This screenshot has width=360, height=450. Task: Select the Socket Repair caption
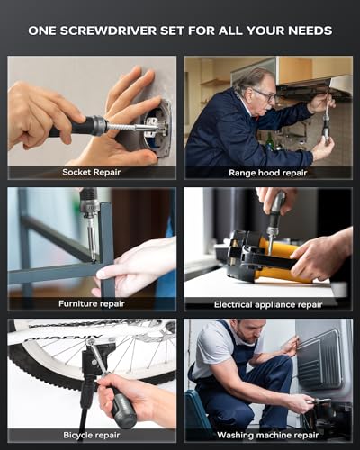[x=92, y=171]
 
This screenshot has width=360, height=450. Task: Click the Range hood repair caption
[x=268, y=171]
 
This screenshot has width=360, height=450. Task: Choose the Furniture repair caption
[x=92, y=303]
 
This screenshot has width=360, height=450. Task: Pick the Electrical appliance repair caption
[x=268, y=303]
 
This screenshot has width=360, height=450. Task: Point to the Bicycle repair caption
[x=92, y=435]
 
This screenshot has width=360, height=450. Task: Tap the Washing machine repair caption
[x=268, y=435]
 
